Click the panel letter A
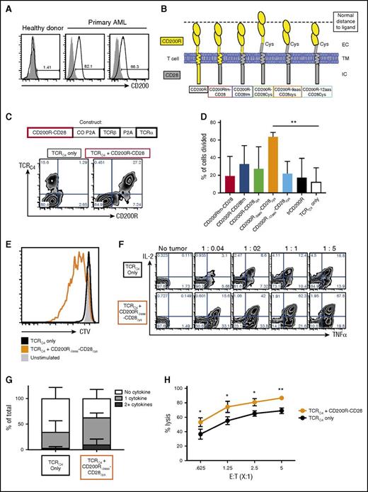[x=6, y=7]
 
